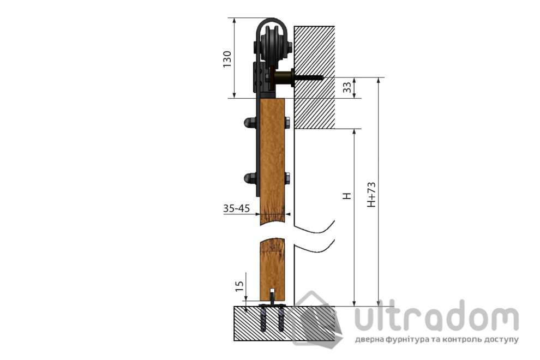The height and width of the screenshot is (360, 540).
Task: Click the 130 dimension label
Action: pyautogui.click(x=227, y=59)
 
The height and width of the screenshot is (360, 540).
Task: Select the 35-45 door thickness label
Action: pyautogui.click(x=236, y=208)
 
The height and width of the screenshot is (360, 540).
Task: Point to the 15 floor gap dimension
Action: pyautogui.click(x=239, y=286)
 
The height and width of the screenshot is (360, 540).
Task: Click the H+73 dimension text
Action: pyautogui.click(x=371, y=194)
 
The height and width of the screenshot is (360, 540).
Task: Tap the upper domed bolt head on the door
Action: pyautogui.click(x=249, y=123)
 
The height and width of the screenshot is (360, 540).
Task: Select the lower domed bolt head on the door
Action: pyautogui.click(x=249, y=178)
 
